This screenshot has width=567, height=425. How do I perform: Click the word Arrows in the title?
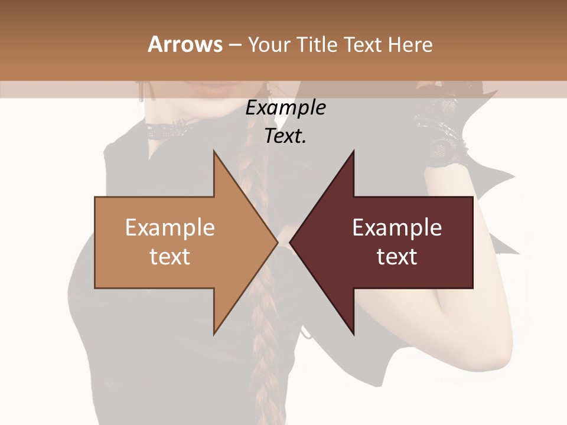[185, 44]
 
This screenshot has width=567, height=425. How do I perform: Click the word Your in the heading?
[269, 45]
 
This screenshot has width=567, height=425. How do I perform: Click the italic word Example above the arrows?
[285, 108]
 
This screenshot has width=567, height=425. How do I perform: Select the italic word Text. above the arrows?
[285, 136]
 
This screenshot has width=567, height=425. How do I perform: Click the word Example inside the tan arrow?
[170, 228]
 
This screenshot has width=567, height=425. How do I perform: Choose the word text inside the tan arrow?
[170, 257]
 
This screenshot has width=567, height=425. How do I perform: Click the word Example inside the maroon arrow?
[397, 228]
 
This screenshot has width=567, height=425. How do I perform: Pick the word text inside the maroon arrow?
[397, 257]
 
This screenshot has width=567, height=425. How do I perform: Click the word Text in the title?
[362, 45]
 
